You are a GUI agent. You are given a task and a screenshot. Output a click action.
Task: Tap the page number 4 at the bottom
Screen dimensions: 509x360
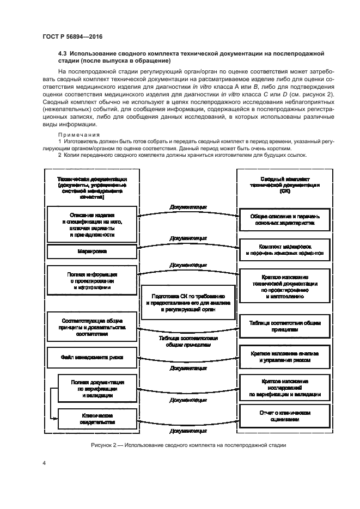(44, 463)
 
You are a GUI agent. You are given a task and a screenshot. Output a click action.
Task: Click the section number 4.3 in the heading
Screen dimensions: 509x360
(63, 53)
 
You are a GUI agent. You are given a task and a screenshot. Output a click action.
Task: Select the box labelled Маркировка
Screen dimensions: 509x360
(92, 252)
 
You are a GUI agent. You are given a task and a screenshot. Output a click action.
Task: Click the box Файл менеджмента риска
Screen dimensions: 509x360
(92, 358)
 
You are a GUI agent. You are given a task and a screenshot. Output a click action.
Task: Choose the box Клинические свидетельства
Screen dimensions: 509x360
(92, 419)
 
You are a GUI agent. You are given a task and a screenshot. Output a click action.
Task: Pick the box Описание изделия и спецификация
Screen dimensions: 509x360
(92, 225)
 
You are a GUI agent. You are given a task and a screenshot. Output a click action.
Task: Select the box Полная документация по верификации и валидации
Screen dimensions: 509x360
(92, 389)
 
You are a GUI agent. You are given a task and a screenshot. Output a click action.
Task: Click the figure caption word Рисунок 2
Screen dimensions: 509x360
(107, 445)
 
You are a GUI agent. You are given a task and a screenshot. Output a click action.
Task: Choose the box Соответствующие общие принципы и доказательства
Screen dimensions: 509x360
(92, 325)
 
